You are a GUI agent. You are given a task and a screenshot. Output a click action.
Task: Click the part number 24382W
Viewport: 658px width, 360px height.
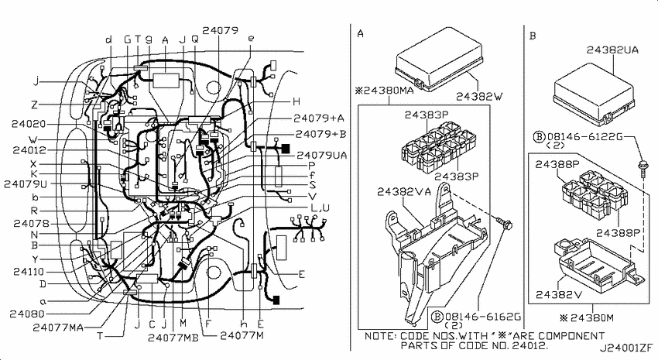point(479,97)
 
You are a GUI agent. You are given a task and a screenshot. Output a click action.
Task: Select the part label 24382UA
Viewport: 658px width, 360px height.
point(612,50)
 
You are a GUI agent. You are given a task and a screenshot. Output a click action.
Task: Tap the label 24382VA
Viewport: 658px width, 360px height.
point(403,192)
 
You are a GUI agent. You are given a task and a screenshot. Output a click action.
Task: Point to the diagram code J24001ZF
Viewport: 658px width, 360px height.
point(625,348)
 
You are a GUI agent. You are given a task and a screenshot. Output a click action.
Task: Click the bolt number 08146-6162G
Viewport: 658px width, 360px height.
point(482,317)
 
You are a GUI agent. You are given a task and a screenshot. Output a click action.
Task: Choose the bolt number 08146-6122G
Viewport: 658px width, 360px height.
point(584,136)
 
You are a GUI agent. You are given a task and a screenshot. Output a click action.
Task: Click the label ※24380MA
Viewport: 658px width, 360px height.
point(384,91)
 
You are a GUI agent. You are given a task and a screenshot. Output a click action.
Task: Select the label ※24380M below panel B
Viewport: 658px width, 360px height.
point(586,317)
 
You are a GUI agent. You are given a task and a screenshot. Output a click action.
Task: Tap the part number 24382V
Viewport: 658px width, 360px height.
point(559,294)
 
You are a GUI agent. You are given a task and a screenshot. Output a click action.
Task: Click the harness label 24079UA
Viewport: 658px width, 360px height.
point(322,156)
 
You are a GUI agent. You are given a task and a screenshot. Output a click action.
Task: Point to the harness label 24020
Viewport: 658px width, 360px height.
point(29,124)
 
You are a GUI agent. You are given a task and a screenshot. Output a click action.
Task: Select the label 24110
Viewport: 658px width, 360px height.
point(29,272)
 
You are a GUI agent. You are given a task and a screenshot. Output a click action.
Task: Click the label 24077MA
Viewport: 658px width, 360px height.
point(58,327)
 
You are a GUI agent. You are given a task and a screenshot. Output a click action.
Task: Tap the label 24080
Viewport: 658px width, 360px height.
point(27,314)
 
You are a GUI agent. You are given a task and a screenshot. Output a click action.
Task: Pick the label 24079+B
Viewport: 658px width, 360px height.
point(320,134)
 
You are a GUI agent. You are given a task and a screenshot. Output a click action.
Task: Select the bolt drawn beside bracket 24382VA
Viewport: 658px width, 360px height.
point(505,223)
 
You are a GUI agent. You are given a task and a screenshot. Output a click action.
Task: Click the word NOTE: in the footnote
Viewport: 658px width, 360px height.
point(380,336)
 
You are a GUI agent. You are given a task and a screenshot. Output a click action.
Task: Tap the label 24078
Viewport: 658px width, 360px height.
point(31,223)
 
